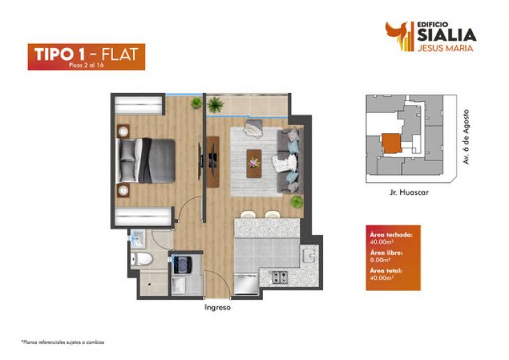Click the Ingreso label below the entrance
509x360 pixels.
(218, 308)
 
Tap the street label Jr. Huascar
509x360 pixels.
(409, 192)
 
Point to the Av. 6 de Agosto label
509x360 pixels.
(466, 137)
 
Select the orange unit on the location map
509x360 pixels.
(391, 143)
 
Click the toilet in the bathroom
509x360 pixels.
(142, 259)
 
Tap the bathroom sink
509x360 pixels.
(138, 237)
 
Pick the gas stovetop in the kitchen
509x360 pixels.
(280, 277)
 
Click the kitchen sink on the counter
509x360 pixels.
(310, 255)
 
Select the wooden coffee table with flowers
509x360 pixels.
(254, 163)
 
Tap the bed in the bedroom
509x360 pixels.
(146, 160)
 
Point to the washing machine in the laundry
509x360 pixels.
(182, 264)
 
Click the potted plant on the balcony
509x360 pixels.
(215, 104)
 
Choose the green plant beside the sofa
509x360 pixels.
(296, 202)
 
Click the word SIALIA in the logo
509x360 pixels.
(447, 35)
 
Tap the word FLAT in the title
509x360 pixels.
(120, 54)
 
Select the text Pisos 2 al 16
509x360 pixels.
(86, 65)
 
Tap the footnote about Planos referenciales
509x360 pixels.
(63, 342)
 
